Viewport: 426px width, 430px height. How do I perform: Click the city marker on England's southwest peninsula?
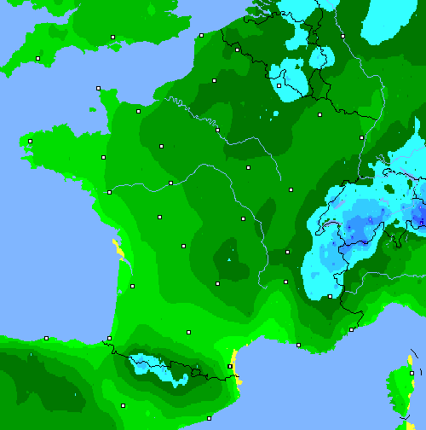(x=38, y=58)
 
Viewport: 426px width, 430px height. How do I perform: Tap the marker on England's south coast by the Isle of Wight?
(x=112, y=37)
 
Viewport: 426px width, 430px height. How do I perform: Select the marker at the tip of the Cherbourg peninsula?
(x=99, y=88)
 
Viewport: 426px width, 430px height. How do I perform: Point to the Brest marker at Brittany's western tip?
(x=30, y=141)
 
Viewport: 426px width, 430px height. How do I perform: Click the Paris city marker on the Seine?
(x=218, y=130)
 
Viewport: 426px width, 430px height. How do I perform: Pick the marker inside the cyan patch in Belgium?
(x=279, y=85)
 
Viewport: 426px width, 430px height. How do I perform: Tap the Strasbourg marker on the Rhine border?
(x=362, y=137)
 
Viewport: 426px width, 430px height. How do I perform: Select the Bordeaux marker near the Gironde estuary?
(x=132, y=286)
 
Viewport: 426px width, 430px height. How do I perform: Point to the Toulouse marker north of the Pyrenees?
(x=188, y=332)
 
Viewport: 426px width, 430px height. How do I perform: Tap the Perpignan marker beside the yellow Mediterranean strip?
(x=230, y=366)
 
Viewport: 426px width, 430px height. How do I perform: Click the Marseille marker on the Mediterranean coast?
(x=298, y=345)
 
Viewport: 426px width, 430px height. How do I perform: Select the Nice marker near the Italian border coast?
(x=351, y=329)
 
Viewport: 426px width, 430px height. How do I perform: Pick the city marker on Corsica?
(x=410, y=373)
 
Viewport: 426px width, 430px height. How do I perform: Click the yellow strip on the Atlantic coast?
(x=118, y=248)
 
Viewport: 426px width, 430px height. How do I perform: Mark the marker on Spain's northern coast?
(x=46, y=338)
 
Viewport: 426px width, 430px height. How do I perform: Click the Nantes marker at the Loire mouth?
(x=109, y=192)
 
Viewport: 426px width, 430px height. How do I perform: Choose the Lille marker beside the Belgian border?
(x=237, y=49)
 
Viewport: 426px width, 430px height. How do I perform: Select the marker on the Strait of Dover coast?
(x=201, y=35)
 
